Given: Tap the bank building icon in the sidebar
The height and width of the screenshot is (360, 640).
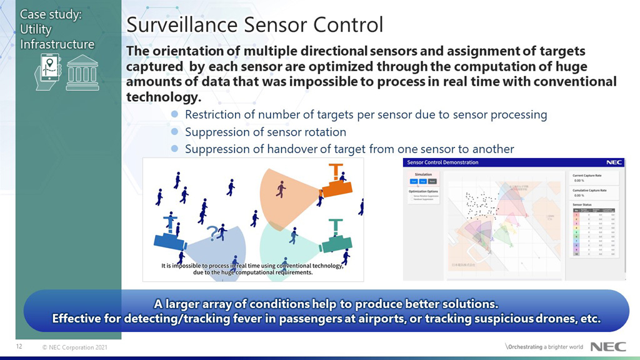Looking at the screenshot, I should [x=82, y=72].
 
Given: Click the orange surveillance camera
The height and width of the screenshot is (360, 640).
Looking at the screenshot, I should [x=336, y=184].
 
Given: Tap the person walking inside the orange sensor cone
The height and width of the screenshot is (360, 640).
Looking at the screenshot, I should [x=281, y=187].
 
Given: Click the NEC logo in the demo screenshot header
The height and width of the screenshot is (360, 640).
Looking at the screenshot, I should [x=614, y=162].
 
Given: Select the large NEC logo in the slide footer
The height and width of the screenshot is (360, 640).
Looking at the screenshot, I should [x=604, y=347].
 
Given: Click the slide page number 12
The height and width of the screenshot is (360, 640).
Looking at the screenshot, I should [x=19, y=346].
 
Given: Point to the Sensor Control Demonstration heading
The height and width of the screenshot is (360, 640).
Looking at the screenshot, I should [x=442, y=162].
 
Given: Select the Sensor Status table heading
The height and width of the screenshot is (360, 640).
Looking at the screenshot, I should [x=583, y=204].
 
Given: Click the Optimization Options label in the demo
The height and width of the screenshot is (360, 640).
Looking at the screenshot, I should [x=422, y=191].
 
